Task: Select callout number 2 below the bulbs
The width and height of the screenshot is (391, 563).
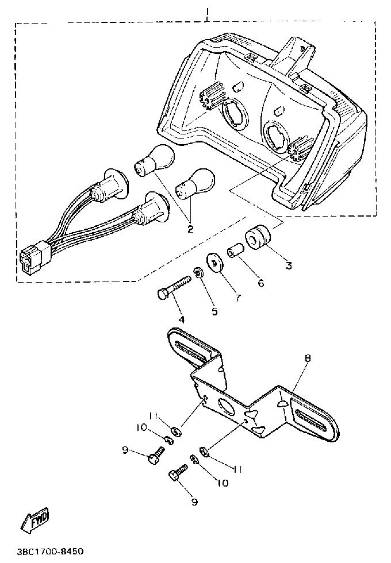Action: (x=190, y=228)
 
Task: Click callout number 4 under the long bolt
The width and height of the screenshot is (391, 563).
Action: (x=181, y=319)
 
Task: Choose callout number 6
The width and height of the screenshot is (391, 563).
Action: (x=260, y=284)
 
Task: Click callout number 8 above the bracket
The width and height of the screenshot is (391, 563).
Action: (x=308, y=358)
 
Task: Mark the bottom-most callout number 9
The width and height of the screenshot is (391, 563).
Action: (x=194, y=502)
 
